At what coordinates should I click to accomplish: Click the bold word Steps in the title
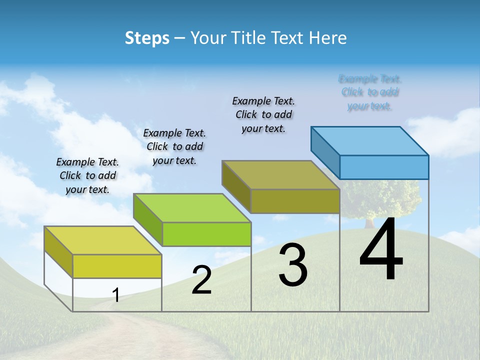pos(147,38)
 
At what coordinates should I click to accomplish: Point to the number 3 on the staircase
pos(293,265)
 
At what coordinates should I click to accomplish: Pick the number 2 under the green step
pos(201,280)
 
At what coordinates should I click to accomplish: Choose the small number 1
pos(116,295)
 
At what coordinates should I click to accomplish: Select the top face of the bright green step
pos(192,208)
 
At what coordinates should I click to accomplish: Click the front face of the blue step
pos(384,167)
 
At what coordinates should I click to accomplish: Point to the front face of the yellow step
pos(117,266)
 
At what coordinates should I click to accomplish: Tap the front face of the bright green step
pos(206,234)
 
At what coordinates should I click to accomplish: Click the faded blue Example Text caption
pos(369,92)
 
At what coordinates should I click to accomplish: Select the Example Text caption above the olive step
pos(263,114)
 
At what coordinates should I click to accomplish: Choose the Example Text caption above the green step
pos(174,146)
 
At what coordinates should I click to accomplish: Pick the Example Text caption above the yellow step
pos(87,175)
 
